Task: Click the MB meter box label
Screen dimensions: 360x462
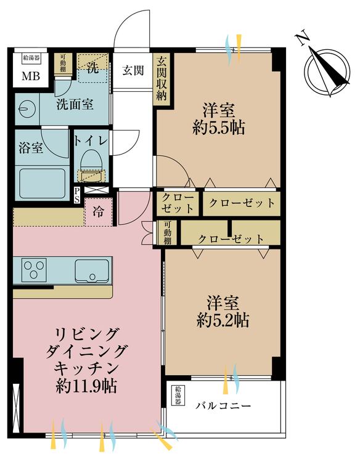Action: click(31, 76)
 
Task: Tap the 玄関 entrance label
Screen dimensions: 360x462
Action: click(133, 70)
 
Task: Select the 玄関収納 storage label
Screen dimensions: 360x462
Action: click(162, 79)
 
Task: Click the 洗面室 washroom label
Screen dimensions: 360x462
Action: click(75, 104)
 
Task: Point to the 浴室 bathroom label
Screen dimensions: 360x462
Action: click(31, 148)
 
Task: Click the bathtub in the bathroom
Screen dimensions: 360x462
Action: click(42, 183)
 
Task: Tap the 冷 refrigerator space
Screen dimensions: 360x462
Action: click(99, 211)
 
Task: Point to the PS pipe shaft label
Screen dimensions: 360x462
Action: click(76, 195)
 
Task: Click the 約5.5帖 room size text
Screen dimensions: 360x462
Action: click(218, 128)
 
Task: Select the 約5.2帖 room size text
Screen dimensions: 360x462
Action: click(223, 320)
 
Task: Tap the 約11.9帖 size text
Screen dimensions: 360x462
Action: click(86, 386)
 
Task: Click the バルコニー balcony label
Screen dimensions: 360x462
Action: click(224, 406)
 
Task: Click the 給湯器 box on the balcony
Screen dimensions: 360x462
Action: click(178, 395)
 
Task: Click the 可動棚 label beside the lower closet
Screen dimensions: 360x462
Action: click(167, 232)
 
